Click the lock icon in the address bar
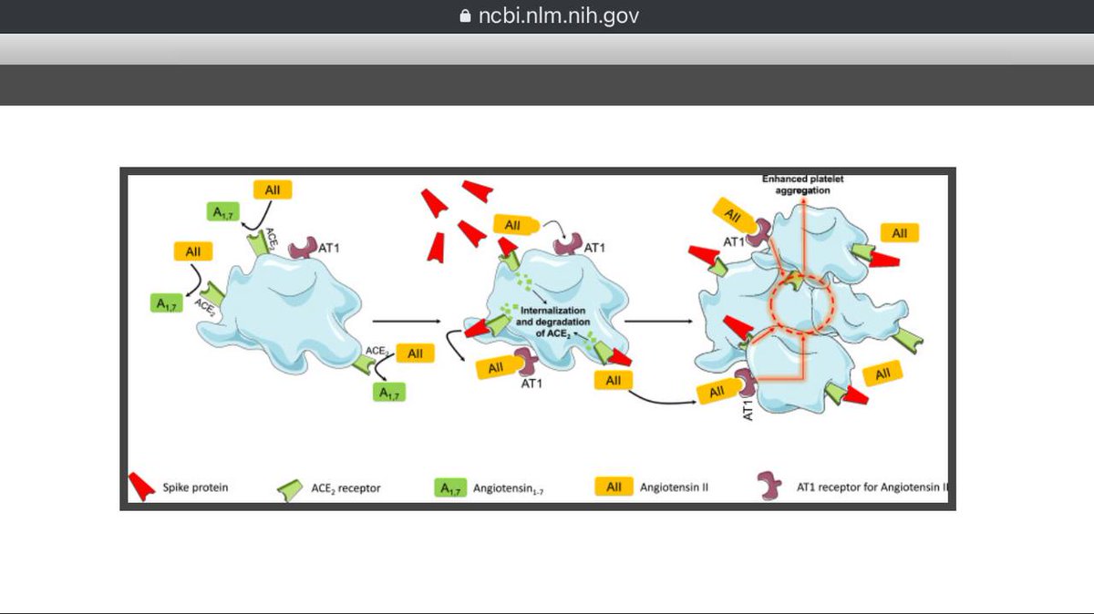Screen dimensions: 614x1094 (x=465, y=15)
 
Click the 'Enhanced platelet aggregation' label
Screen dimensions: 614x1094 (x=803, y=185)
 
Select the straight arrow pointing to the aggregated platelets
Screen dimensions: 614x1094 (x=655, y=321)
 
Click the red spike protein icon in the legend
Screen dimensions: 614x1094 (x=140, y=486)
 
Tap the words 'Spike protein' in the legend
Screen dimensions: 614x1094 (x=196, y=487)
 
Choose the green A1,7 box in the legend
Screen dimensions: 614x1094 (x=449, y=487)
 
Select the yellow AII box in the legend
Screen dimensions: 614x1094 (x=613, y=486)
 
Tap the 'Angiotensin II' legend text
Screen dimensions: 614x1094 (x=674, y=487)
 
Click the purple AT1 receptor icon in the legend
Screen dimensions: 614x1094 (x=772, y=487)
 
